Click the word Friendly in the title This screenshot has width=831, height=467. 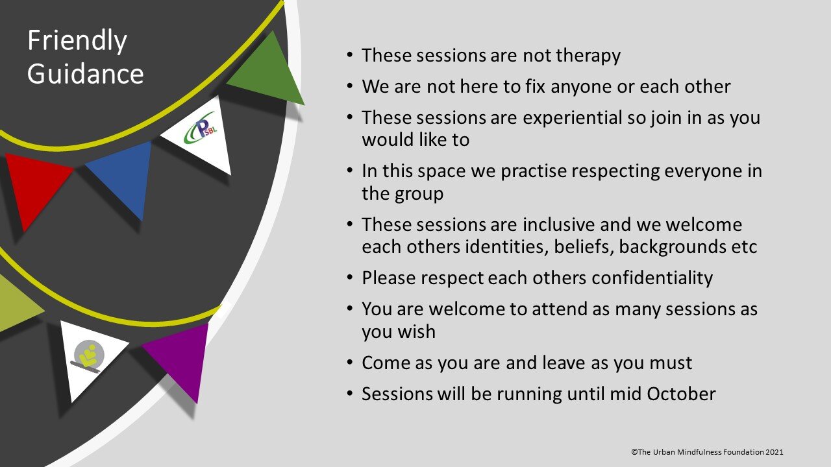pos(77,41)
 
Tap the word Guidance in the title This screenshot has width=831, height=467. pos(85,73)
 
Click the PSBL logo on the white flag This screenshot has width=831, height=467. pos(201,128)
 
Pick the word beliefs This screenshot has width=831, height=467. pos(581,247)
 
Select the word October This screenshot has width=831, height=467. pos(681,394)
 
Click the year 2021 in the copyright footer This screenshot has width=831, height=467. pos(775,452)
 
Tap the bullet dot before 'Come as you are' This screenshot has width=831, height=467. pos(349,362)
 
